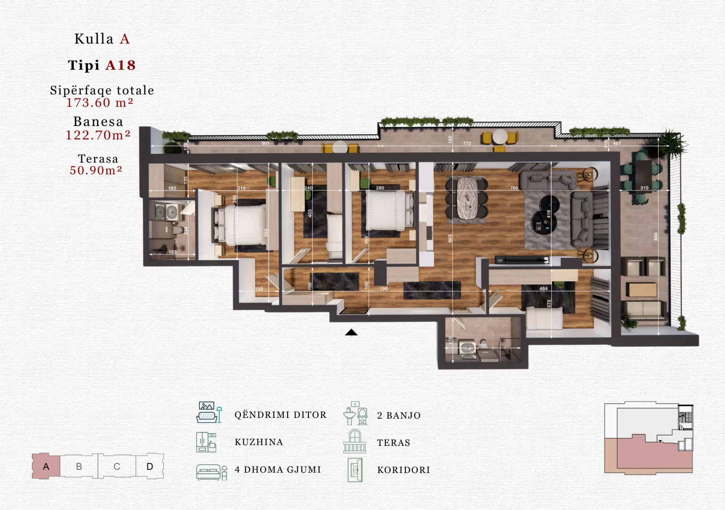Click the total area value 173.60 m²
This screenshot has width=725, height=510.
100,103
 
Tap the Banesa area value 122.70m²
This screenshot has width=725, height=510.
98,135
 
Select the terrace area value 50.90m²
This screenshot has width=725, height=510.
96,171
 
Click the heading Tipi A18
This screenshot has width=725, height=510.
102,65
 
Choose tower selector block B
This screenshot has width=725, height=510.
79,466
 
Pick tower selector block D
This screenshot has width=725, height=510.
150,466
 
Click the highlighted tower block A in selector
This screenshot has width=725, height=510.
46,466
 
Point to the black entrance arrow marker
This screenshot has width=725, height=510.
351,332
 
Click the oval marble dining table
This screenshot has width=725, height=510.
467,198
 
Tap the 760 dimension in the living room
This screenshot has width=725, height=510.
514,188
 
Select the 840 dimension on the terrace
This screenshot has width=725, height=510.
656,237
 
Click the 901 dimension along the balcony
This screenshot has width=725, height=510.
265,143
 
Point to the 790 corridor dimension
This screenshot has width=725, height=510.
384,289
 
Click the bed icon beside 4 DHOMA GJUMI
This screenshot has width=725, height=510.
211,472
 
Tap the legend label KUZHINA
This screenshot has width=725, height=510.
259,442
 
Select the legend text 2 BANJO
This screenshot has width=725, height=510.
399,415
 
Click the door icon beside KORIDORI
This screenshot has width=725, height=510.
355,470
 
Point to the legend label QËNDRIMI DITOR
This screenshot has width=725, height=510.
280,415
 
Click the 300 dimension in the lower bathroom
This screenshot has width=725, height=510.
482,345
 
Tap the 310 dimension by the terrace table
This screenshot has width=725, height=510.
644,188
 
